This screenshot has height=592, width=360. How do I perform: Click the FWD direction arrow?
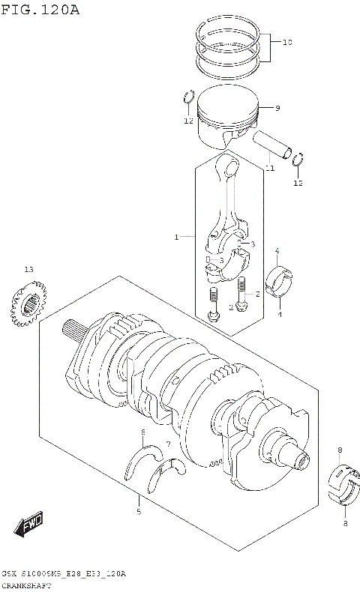29,525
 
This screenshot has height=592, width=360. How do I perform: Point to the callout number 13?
28,269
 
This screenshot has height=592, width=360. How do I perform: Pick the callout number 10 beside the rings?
286,43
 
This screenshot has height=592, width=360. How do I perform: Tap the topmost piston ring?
229,30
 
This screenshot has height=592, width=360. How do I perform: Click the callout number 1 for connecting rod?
176,238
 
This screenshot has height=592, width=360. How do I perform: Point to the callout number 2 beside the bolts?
257,294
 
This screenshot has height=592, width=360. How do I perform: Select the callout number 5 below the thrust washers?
138,512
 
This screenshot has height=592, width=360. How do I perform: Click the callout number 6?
142,433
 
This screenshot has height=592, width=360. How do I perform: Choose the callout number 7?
168,444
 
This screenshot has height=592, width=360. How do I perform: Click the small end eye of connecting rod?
228,166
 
